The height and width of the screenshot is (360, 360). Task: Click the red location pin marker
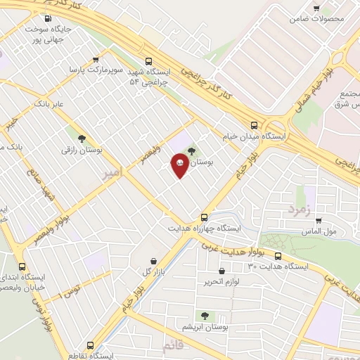click(180, 165)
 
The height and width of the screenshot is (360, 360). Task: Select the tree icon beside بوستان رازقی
click(82, 139)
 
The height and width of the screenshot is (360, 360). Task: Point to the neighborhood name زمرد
click(298, 209)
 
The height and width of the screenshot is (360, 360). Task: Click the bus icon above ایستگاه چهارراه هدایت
click(204, 217)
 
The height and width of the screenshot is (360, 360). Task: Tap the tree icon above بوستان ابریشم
click(205, 316)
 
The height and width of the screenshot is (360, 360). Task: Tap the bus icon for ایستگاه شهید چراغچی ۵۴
click(148, 61)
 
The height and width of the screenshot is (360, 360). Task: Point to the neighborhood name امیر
click(112, 172)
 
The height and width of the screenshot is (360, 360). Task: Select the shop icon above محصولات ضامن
click(321, 6)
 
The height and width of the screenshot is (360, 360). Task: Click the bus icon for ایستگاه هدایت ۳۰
click(278, 256)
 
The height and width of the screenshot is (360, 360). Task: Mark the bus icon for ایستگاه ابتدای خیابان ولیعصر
click(22, 266)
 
